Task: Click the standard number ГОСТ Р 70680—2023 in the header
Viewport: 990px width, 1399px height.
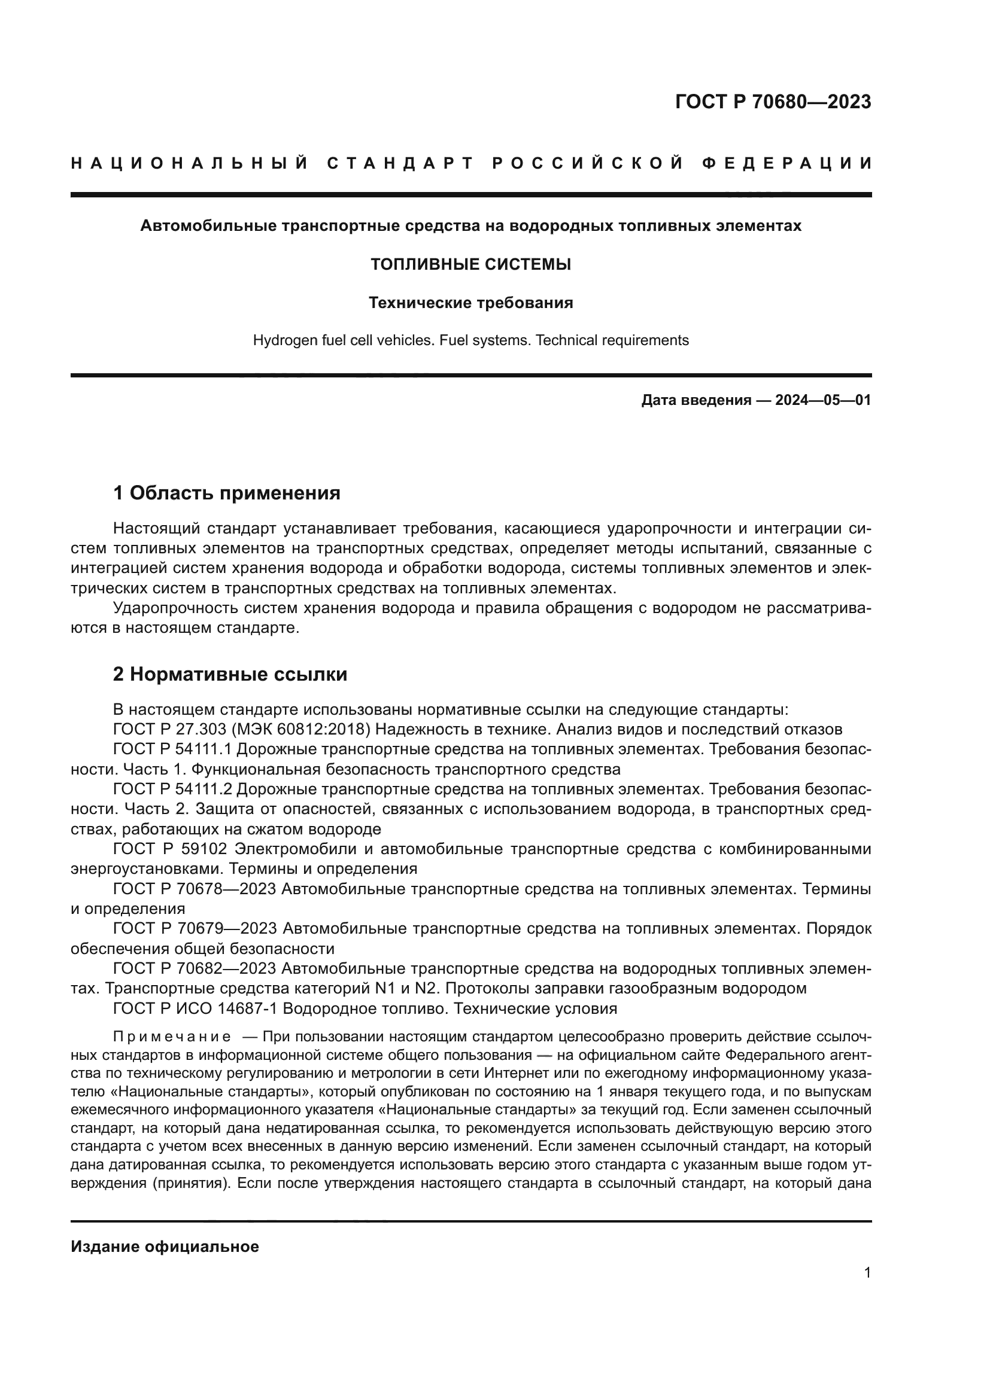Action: click(772, 102)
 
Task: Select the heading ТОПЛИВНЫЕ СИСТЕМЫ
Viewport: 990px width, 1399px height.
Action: click(470, 264)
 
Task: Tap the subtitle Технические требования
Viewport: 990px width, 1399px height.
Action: click(470, 303)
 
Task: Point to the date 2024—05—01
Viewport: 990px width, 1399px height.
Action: click(822, 400)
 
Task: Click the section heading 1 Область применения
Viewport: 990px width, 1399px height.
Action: click(227, 492)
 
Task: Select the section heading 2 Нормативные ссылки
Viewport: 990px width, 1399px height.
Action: click(230, 675)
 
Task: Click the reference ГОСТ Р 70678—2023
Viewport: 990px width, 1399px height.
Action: click(195, 889)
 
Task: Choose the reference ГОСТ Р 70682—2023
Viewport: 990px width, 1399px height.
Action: click(195, 968)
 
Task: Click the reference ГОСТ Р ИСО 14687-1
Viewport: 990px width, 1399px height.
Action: click(195, 1008)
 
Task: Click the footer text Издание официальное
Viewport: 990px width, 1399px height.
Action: click(165, 1246)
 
